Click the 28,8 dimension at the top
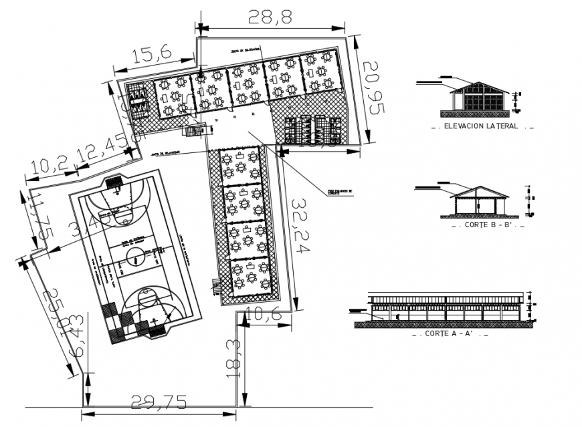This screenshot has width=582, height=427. point(270,17)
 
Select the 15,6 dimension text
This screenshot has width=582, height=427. point(152,54)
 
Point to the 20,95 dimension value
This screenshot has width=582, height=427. point(372,87)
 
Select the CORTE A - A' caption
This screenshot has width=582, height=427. point(452,333)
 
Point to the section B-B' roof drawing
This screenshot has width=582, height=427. point(480,200)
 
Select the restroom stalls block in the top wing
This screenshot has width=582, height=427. point(312,130)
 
